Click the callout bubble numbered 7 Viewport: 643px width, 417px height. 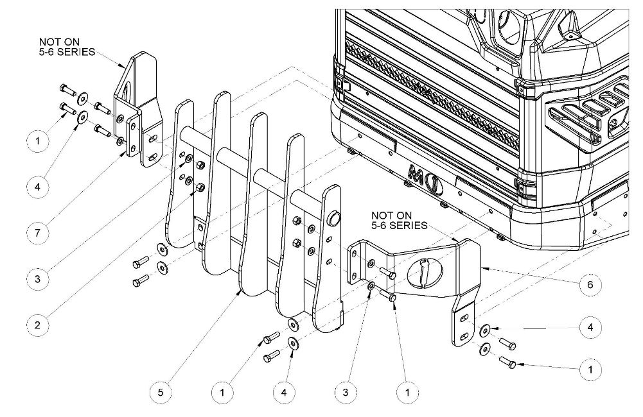(x=38, y=233)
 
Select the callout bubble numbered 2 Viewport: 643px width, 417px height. (x=38, y=325)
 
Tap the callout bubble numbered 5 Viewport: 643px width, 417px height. (x=161, y=393)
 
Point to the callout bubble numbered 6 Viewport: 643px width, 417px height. (x=590, y=284)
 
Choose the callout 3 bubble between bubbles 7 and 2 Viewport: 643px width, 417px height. (x=38, y=279)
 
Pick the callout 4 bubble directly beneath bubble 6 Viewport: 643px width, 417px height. (x=590, y=327)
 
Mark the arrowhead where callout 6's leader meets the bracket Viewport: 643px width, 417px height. (x=483, y=269)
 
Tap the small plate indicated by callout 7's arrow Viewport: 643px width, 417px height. (x=133, y=135)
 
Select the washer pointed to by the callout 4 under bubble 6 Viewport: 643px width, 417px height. (x=485, y=328)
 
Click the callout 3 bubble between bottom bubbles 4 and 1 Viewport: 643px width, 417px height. (x=346, y=393)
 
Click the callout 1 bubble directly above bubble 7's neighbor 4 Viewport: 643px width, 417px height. (x=38, y=141)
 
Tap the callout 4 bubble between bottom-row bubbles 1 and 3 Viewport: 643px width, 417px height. (x=284, y=393)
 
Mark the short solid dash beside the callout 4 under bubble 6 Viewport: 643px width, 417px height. (x=534, y=328)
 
